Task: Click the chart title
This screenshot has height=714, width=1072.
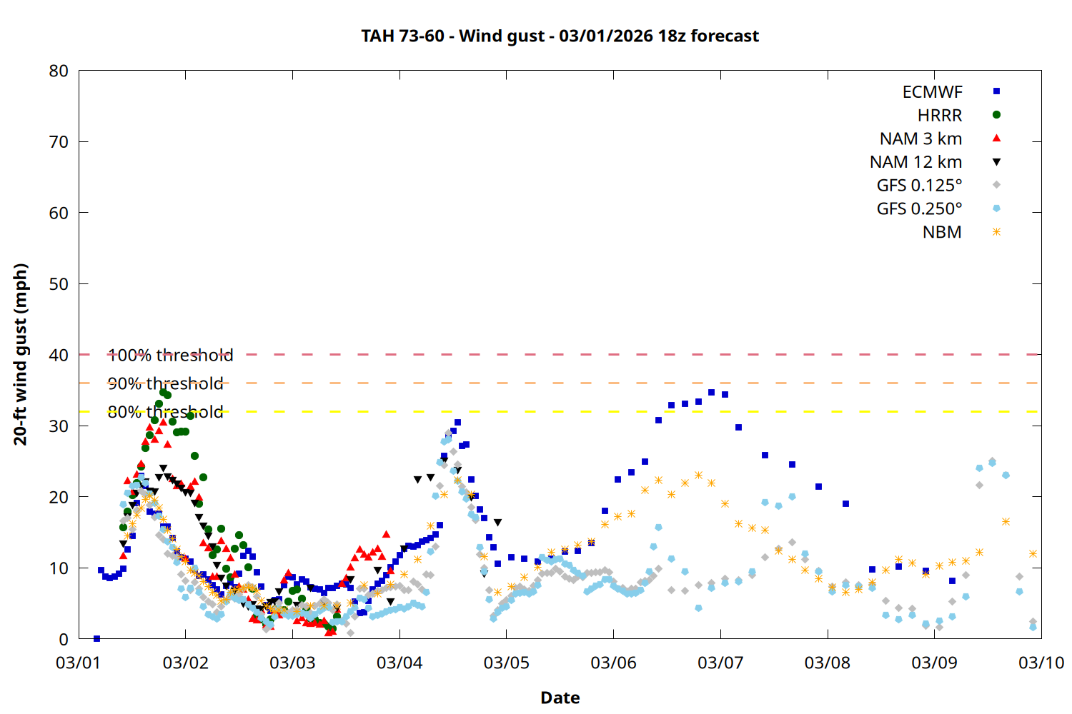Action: click(560, 36)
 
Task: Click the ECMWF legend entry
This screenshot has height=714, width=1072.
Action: click(932, 92)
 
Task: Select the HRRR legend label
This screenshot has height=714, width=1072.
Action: click(939, 116)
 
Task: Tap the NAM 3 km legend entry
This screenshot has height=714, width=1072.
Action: click(920, 139)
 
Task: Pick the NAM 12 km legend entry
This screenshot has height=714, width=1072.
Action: click(915, 162)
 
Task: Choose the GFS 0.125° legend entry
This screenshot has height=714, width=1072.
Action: click(919, 186)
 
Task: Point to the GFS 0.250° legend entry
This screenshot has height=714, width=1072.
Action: click(919, 209)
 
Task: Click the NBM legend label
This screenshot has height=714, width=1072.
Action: click(941, 232)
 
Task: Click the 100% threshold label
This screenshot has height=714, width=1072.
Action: click(170, 355)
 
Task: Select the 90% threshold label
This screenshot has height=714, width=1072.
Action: click(165, 383)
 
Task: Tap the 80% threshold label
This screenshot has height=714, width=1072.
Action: click(165, 412)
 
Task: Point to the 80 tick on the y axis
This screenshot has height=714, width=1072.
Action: click(59, 71)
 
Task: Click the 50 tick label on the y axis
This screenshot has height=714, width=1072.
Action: click(59, 283)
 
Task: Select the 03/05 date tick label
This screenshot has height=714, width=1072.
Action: click(506, 663)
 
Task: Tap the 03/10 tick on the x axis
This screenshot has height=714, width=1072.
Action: click(1041, 663)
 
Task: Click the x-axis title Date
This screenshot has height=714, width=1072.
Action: click(560, 698)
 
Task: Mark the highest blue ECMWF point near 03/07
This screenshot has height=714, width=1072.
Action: click(711, 393)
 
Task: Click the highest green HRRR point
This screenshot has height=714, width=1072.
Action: click(163, 392)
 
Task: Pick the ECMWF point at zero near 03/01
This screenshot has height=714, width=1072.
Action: click(96, 638)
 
